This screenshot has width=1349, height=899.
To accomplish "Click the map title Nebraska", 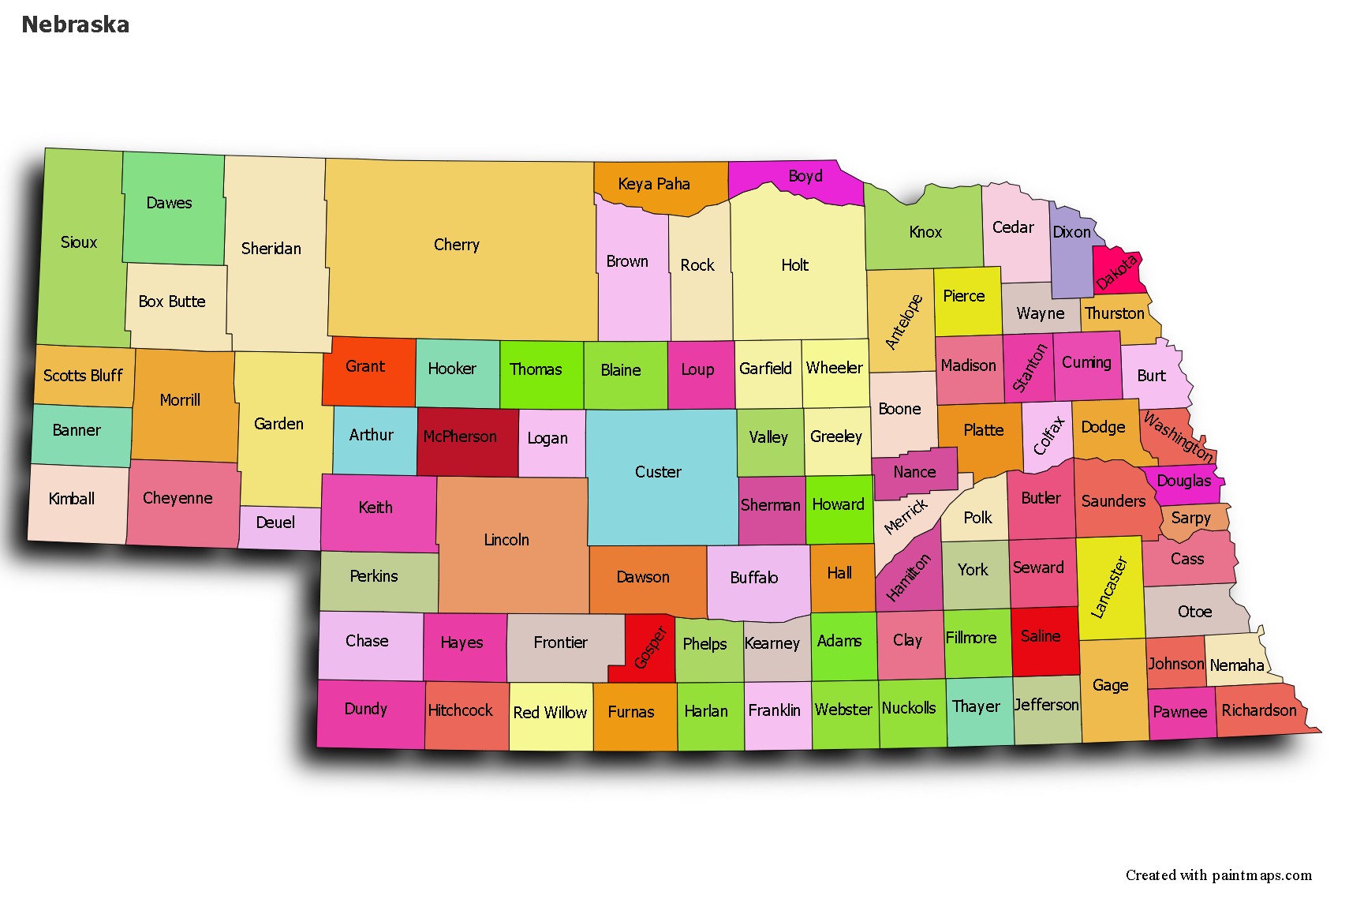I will point(76,24).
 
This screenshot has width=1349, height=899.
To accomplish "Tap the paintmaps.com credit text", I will point(1218,875).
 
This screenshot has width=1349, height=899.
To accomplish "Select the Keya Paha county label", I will point(654,184).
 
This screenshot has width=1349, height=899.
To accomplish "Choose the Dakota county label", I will point(1116,272).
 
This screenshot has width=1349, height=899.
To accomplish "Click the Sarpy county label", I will point(1190,518).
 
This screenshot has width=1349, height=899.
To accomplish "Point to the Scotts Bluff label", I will point(83,375).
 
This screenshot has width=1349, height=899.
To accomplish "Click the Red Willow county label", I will point(550,712).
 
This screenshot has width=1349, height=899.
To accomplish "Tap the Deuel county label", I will point(275,523).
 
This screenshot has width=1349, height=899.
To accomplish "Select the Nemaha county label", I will point(1236,665).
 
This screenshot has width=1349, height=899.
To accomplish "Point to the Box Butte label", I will point(172,302).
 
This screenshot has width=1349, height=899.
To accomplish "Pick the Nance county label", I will point(914,472).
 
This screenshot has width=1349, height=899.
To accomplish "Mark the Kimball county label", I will point(72,499).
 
